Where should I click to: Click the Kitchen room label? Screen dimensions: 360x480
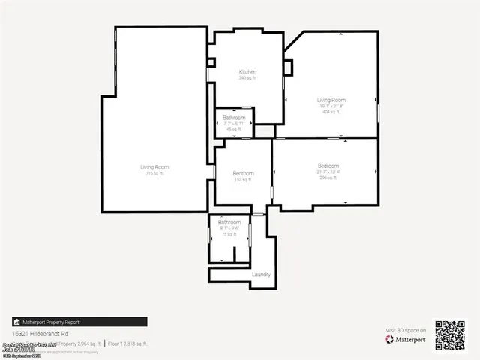click(247, 72)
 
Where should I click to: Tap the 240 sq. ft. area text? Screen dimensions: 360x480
click(247, 78)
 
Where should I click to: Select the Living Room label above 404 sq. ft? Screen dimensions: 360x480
click(331, 100)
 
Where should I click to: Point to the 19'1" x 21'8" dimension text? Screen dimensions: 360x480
click(331, 105)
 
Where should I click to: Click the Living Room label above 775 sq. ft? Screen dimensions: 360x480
click(154, 166)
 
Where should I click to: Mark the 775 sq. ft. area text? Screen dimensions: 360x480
click(154, 173)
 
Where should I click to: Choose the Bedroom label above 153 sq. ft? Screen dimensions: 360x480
click(243, 174)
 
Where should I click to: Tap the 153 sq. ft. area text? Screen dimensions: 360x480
click(243, 180)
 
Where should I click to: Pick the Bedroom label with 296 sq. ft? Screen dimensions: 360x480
click(328, 166)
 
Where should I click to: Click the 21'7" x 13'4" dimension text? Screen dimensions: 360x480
click(328, 172)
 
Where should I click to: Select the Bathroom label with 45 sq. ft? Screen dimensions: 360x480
click(234, 118)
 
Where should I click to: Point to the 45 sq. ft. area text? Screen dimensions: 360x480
click(234, 130)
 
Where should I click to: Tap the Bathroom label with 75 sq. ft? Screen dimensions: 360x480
click(229, 223)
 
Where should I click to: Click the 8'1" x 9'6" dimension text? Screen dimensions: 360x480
click(229, 229)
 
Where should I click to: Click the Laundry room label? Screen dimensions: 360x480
click(261, 274)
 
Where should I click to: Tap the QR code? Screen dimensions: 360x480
click(451, 335)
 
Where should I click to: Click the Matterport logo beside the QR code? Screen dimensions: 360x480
click(406, 339)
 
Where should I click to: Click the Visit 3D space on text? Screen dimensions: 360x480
click(406, 330)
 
